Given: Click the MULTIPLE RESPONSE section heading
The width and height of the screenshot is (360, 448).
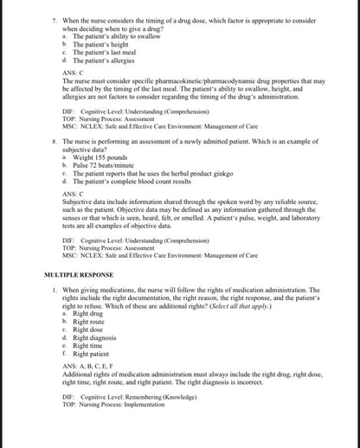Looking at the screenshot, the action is coord(85,274).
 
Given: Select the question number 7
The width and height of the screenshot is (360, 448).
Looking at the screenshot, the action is coord(55,16).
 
